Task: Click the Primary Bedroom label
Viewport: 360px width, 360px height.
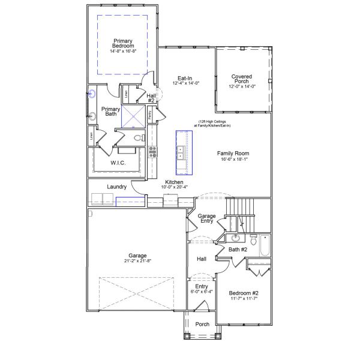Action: (123, 44)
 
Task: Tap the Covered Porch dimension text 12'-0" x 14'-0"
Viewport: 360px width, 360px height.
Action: (242, 86)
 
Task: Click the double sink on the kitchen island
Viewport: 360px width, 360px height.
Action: (180, 152)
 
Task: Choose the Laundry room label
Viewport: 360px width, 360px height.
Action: (116, 187)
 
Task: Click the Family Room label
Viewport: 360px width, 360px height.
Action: (233, 154)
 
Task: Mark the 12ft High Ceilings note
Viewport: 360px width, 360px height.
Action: (212, 123)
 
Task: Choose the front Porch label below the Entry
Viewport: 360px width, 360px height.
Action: (202, 324)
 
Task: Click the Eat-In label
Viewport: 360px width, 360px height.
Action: (184, 79)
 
